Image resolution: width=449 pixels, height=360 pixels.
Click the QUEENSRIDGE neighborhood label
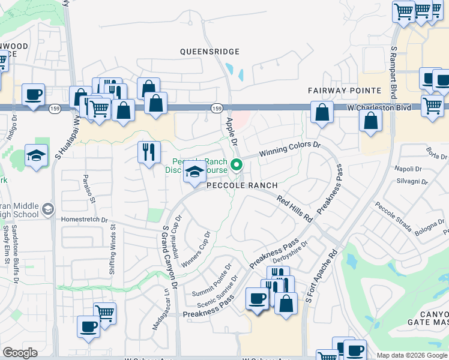pyautogui.click(x=210, y=52)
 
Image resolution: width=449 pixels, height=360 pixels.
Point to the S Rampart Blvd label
pyautogui.click(x=394, y=72)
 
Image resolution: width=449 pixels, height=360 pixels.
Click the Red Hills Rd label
pyautogui.click(x=295, y=207)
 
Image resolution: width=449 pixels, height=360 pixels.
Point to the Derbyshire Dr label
pyautogui.click(x=290, y=253)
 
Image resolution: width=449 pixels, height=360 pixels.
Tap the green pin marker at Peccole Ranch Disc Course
pyautogui.click(x=237, y=164)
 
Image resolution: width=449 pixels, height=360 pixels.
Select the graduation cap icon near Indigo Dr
pyautogui.click(x=36, y=155)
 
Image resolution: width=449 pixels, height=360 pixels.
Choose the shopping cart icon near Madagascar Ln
pyautogui.click(x=104, y=313)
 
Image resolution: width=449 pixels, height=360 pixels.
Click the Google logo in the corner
pyautogui.click(x=20, y=353)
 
